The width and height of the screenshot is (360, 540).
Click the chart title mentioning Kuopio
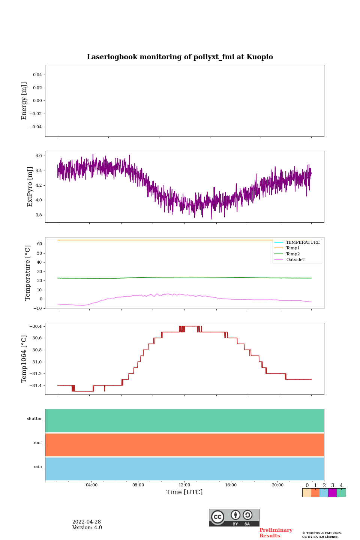pos(180,57)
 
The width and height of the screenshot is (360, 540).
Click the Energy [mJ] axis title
pos(24,101)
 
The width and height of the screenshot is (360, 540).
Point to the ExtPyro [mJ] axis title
pos(30,187)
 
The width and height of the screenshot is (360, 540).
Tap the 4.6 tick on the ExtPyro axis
pos(38,156)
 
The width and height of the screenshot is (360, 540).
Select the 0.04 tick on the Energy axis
pos(37,75)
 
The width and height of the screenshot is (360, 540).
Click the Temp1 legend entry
pos(293,248)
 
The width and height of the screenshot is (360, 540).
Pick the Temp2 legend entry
pos(293,254)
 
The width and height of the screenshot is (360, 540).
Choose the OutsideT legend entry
pos(295,259)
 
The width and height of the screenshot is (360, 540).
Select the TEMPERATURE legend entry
pos(303,242)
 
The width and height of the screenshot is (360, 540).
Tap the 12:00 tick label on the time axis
pos(184,485)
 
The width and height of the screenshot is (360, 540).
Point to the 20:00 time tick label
pos(277,485)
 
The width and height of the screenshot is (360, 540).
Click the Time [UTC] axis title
pos(184,492)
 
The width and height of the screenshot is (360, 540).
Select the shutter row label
pos(34,419)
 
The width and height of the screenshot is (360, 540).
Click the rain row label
pos(38,467)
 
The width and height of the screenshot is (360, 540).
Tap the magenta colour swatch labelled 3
pos(332,493)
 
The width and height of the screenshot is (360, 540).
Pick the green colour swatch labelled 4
pos(341,493)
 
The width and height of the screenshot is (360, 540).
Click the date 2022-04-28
pos(87,522)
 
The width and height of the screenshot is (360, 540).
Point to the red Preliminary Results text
pos(276,533)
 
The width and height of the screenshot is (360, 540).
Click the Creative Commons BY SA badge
pos(234,517)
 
